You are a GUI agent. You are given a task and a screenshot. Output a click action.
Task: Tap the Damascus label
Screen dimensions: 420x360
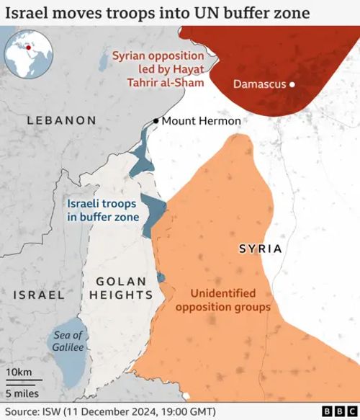(x=260, y=84)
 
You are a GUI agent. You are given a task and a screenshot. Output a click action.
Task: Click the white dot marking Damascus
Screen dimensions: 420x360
(x=293, y=85)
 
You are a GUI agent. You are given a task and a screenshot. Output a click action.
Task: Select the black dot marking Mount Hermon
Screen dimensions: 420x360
(x=156, y=121)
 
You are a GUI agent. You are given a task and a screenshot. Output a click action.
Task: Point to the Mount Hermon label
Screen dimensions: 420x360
(x=201, y=120)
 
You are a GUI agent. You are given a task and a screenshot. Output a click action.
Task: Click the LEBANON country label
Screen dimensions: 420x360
(x=61, y=120)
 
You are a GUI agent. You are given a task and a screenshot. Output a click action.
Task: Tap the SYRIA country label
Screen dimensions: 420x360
(x=260, y=249)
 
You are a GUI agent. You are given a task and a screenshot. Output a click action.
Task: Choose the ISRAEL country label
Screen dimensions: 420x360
(x=39, y=295)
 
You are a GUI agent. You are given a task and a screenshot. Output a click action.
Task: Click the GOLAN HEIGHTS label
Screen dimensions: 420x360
(x=122, y=287)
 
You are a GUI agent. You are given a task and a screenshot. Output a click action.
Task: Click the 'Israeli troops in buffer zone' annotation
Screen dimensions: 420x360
(x=102, y=210)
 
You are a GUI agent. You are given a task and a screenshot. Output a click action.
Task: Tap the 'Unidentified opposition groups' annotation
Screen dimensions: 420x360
(x=230, y=300)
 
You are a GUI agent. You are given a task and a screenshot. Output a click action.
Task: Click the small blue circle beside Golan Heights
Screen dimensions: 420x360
(x=161, y=278)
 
